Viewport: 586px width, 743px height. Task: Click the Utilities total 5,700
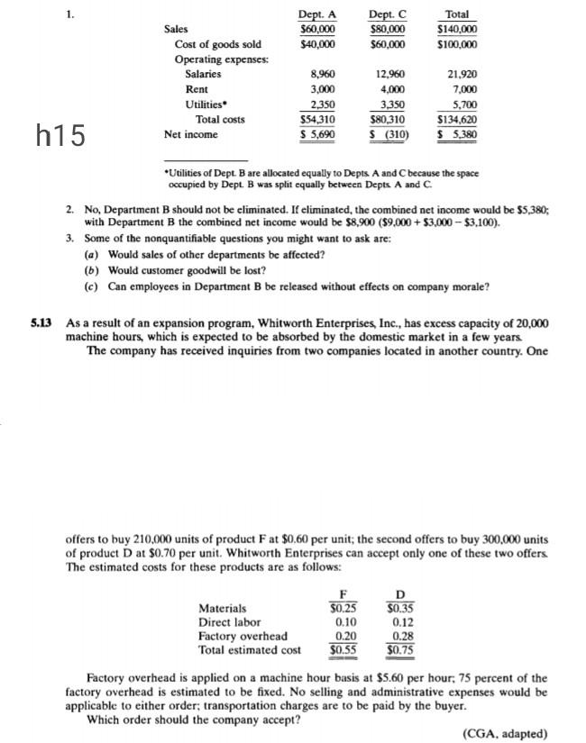462,104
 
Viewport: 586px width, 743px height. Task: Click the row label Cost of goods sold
218,43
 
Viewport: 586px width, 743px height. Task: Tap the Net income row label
190,134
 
